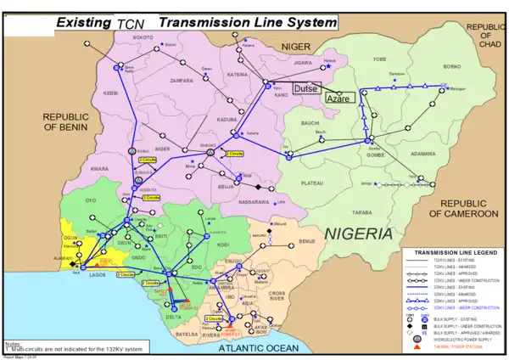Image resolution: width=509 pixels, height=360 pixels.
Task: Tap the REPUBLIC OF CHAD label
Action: click(489, 36)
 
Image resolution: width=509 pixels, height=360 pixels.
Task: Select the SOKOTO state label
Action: click(143, 38)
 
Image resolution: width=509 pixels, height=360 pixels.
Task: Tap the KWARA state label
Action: click(100, 169)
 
